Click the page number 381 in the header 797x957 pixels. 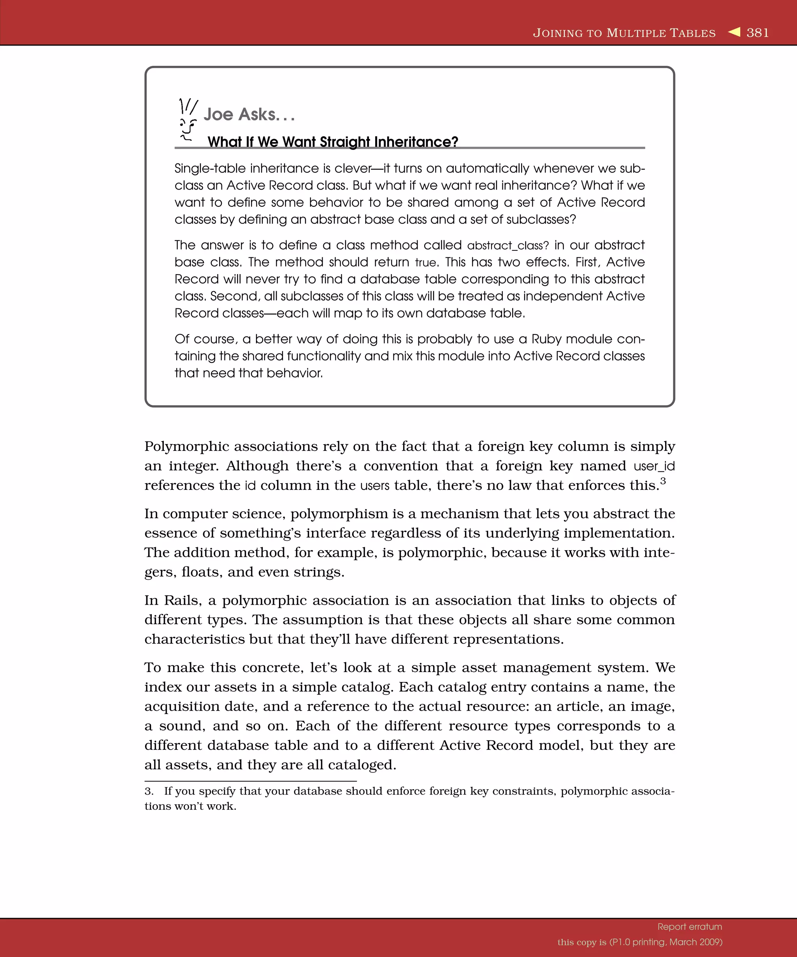(757, 33)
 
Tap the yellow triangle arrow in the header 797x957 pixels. (734, 32)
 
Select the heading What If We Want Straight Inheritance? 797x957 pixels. (332, 142)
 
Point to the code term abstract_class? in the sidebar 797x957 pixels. (508, 246)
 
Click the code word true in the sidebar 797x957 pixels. (426, 263)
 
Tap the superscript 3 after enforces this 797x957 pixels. (663, 481)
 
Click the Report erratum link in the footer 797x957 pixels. (690, 927)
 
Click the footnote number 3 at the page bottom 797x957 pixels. (149, 791)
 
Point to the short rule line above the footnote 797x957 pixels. (251, 781)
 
